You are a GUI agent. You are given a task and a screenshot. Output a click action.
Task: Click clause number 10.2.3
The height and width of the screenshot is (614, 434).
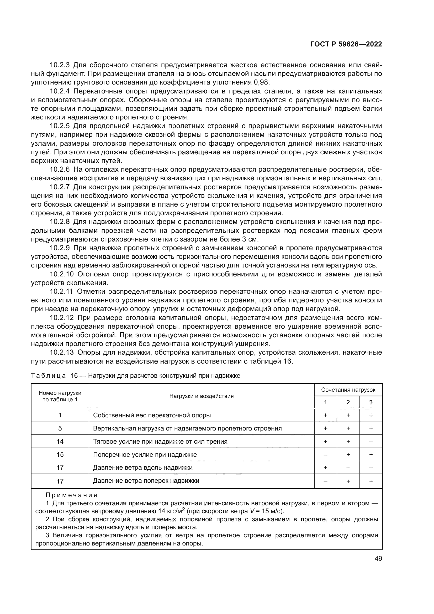pyautogui.click(x=60, y=65)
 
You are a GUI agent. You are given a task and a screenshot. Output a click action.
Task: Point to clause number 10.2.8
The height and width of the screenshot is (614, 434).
pyautogui.click(x=60, y=222)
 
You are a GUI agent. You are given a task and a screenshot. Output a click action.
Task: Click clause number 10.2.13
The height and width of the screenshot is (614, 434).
pyautogui.click(x=61, y=353)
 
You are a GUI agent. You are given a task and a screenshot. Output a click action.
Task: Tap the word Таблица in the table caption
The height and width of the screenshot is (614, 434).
pyautogui.click(x=48, y=376)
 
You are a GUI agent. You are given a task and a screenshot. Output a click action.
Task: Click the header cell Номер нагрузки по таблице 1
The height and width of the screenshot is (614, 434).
pyautogui.click(x=60, y=396)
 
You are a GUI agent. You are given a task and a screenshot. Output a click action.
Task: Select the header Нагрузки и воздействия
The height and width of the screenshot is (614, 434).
pyautogui.click(x=201, y=396)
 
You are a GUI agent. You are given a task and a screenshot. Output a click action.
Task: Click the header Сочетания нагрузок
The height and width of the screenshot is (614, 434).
pyautogui.click(x=348, y=390)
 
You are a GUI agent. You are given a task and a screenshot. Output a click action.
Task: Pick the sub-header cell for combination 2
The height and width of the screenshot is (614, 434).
pyautogui.click(x=348, y=402)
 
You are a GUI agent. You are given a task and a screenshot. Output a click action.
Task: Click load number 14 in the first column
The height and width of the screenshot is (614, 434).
pyautogui.click(x=60, y=442)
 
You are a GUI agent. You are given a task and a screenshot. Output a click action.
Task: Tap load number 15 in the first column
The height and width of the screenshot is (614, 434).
pyautogui.click(x=60, y=455)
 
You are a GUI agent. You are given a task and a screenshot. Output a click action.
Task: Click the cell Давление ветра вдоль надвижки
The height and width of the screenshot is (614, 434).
pyautogui.click(x=143, y=468)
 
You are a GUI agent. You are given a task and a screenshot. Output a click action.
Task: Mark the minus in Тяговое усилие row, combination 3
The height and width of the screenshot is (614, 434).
pyautogui.click(x=371, y=442)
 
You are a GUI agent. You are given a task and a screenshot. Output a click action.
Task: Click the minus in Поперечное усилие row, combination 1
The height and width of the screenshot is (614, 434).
pyautogui.click(x=325, y=455)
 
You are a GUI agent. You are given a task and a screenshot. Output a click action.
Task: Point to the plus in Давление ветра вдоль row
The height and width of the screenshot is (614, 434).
pyautogui.click(x=325, y=468)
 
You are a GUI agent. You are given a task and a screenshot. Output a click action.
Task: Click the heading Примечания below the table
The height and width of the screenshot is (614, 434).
pyautogui.click(x=72, y=495)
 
